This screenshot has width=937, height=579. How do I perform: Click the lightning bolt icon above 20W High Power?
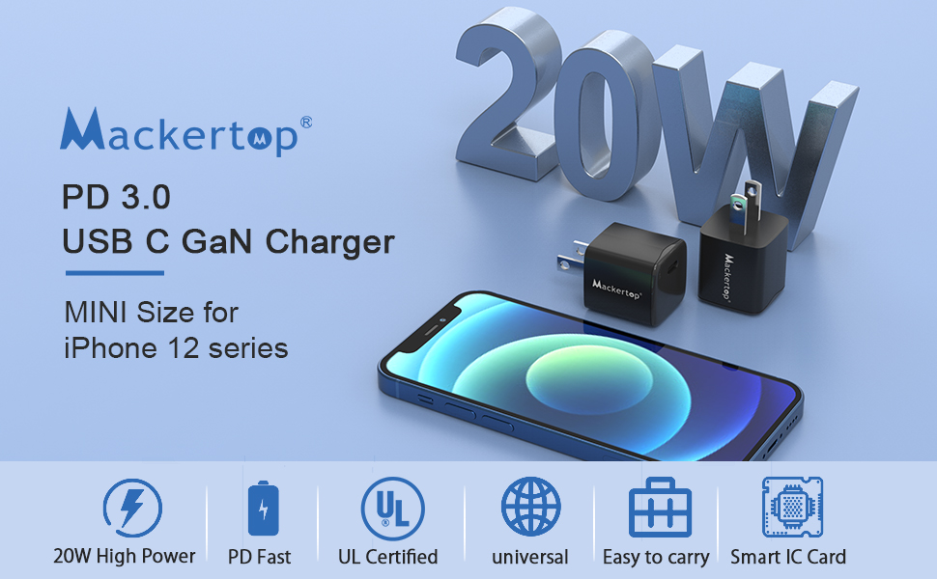(131, 508)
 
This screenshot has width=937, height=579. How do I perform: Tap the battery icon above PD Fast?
(259, 508)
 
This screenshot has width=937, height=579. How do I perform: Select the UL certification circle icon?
(391, 508)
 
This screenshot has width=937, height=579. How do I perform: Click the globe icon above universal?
(530, 508)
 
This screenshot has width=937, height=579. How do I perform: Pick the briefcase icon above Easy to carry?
(660, 508)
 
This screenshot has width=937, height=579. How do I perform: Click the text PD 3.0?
(116, 198)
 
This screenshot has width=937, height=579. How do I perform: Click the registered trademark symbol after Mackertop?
(306, 123)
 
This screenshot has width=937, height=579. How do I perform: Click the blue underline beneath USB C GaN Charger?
(113, 273)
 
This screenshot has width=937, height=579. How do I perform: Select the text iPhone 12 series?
(176, 347)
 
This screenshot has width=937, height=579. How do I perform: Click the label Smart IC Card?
(787, 557)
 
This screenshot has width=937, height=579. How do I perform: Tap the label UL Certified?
(387, 557)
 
